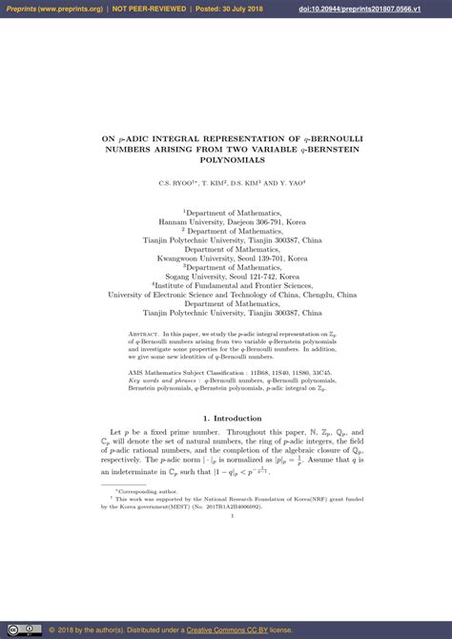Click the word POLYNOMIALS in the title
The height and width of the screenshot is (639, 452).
tap(225, 160)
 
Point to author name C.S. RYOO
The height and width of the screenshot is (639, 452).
tap(178, 182)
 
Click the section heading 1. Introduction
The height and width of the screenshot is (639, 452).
tap(225, 418)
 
